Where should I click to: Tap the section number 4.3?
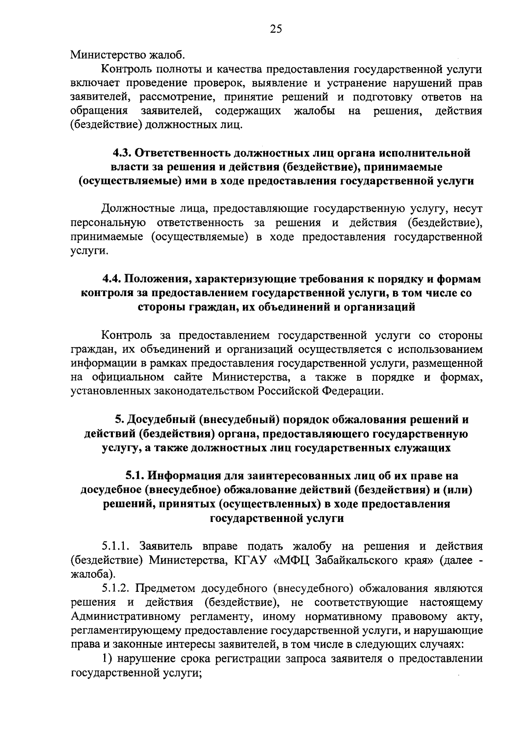(x=121, y=153)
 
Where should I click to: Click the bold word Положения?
(x=158, y=279)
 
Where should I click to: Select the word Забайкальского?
(x=357, y=560)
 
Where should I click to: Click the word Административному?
(x=126, y=617)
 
